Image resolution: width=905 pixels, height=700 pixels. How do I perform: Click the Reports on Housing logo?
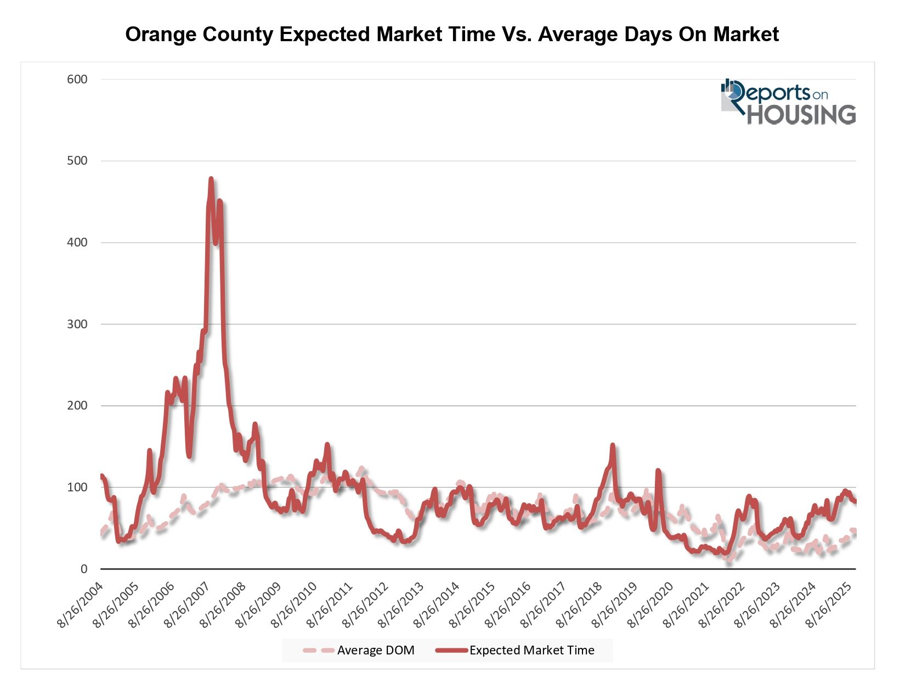pyautogui.click(x=788, y=102)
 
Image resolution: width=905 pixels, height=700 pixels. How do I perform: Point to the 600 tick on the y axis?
pyautogui.click(x=77, y=79)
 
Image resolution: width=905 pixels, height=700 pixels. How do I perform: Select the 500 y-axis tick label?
pyautogui.click(x=77, y=161)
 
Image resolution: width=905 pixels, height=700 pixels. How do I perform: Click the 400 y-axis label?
pyautogui.click(x=77, y=242)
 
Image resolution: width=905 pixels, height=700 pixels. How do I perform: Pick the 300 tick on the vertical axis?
pyautogui.click(x=77, y=324)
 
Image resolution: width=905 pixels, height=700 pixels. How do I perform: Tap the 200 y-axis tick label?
pyautogui.click(x=77, y=406)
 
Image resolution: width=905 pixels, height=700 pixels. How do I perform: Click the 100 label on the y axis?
pyautogui.click(x=77, y=487)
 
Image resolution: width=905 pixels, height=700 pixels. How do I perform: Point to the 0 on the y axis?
pyautogui.click(x=84, y=569)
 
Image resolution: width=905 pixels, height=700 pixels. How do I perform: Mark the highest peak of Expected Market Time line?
pyautogui.click(x=211, y=178)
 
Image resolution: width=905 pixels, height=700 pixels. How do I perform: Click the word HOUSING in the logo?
pyautogui.click(x=801, y=115)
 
